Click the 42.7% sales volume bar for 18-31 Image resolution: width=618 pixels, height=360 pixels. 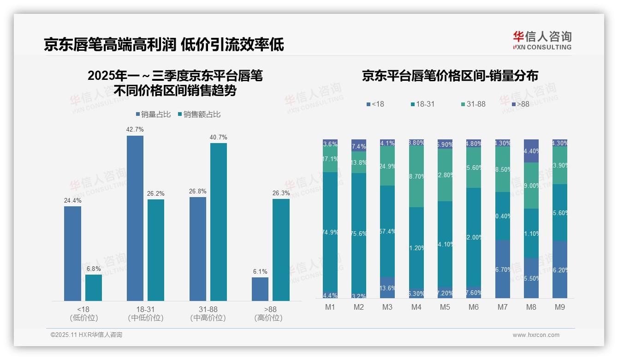click(135, 218)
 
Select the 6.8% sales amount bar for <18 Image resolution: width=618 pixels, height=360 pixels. click(94, 288)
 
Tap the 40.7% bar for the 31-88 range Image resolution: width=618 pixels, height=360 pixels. click(219, 222)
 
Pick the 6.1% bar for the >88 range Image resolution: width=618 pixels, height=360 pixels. click(260, 289)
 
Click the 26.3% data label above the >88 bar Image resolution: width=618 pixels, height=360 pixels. click(281, 193)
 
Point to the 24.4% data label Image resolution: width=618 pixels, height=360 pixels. click(72, 201)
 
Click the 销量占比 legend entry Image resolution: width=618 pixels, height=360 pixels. click(155, 114)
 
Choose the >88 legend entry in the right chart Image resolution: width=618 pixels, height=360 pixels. click(520, 104)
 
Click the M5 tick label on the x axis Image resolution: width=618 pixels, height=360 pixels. click(445, 307)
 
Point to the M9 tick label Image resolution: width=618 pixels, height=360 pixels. click(559, 307)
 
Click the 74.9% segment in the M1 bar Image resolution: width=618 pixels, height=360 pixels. click(330, 232)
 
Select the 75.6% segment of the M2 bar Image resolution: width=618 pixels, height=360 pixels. click(359, 233)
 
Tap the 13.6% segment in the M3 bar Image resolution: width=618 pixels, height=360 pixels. click(387, 288)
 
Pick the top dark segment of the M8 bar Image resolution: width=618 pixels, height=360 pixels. click(531, 150)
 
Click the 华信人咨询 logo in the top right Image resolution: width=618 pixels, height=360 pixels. click(542, 40)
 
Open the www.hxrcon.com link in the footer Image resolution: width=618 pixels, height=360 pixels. click(536, 335)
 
